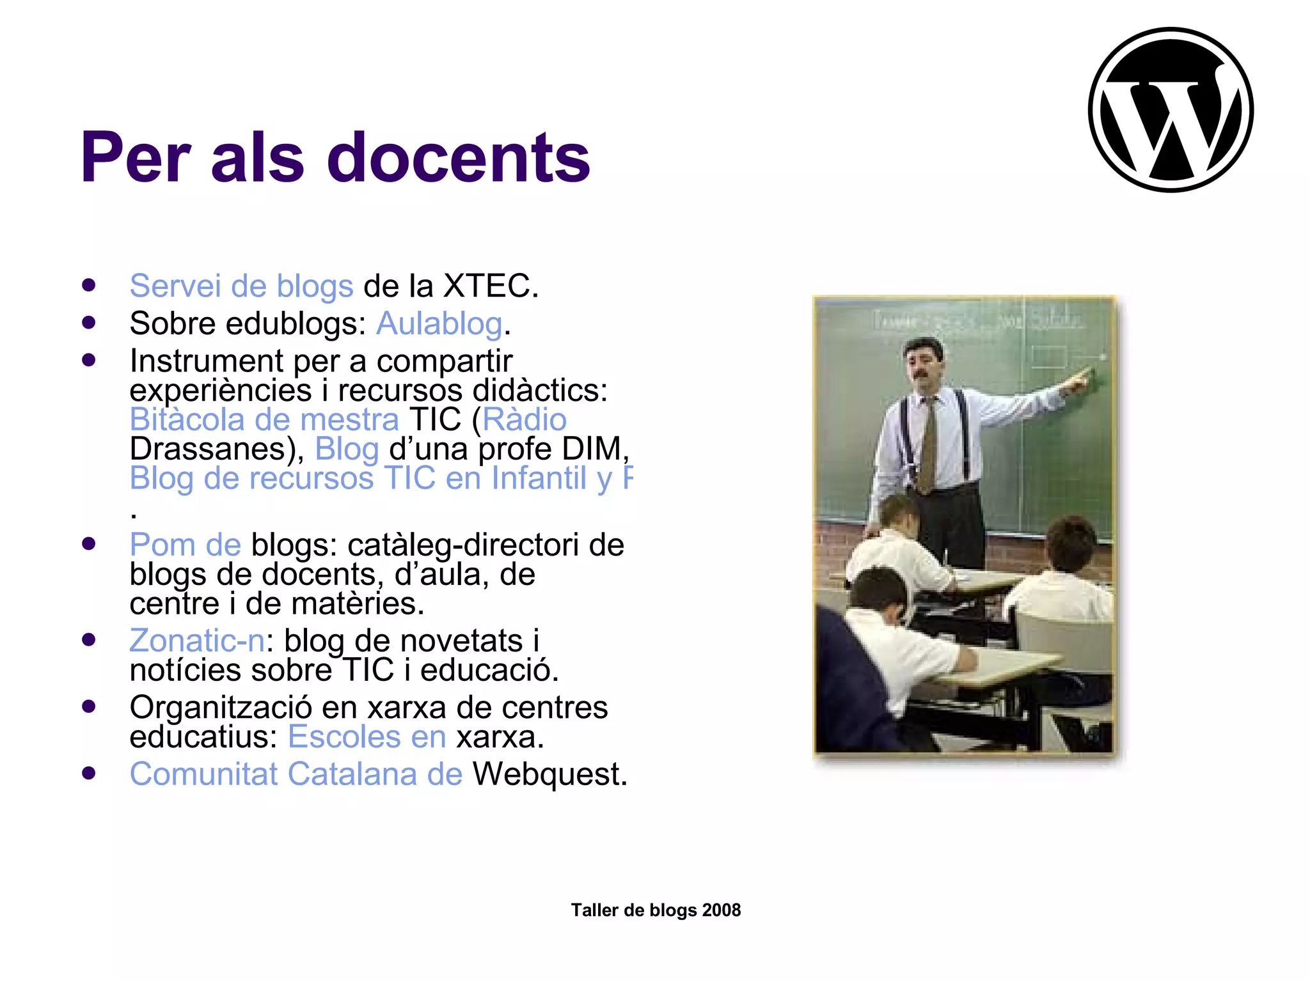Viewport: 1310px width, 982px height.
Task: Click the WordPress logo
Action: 1171,109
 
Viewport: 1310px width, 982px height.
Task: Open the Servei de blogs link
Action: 241,286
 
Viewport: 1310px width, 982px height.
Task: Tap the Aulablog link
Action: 439,323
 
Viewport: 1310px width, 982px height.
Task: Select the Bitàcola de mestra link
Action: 264,420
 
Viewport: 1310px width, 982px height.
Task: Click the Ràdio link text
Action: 525,420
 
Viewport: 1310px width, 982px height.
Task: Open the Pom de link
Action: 185,545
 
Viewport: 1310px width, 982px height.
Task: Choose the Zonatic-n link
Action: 197,641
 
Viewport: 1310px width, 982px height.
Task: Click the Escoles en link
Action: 367,737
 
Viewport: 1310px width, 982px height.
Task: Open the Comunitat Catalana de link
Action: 296,774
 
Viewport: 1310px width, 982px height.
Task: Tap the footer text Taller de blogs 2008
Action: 656,910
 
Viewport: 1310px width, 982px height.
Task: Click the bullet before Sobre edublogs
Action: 89,322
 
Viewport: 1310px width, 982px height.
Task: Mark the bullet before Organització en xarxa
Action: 89,706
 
